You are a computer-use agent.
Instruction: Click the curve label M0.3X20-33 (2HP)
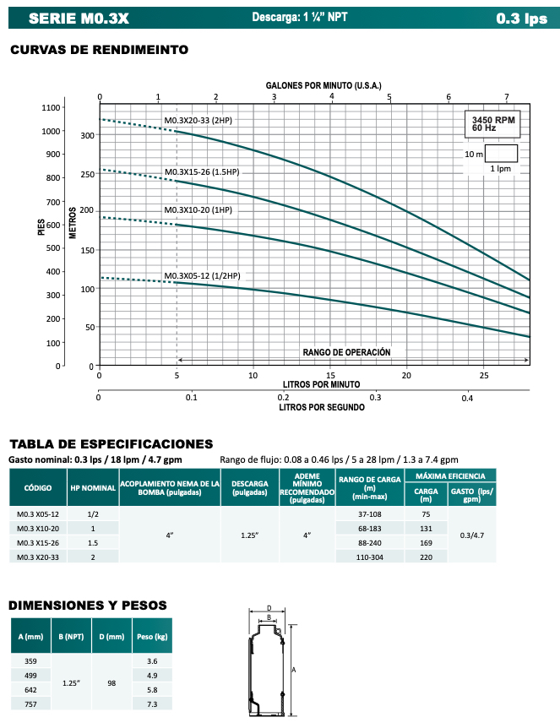coord(197,121)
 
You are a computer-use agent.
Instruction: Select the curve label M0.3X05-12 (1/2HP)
coord(202,276)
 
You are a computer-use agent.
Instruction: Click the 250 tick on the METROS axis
coord(87,175)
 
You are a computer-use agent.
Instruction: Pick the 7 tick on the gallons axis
coord(506,96)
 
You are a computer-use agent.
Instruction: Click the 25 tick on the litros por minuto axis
coord(483,375)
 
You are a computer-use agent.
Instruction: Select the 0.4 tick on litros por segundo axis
coord(467,398)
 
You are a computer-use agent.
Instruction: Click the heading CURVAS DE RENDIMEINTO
coord(99,50)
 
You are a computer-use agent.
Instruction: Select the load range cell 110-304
coord(369,557)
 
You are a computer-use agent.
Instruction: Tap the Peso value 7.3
coord(153,704)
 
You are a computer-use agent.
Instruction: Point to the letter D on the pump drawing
coord(269,607)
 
